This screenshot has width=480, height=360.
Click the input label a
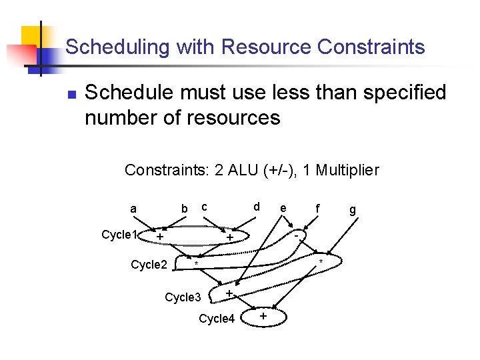tap(133, 209)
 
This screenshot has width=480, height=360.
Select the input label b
tap(185, 209)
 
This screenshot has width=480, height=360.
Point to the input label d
tap(256, 207)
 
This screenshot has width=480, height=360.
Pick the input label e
tap(283, 209)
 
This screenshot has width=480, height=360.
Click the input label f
tap(318, 209)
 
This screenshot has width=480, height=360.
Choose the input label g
tap(353, 211)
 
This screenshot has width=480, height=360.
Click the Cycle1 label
tap(119, 235)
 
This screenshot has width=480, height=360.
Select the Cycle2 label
tap(149, 265)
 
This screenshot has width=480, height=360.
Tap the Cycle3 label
tap(182, 297)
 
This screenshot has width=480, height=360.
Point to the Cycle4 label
tap(217, 319)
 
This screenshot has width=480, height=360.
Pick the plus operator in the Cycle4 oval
tap(263, 316)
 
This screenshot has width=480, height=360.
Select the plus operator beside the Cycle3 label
tap(229, 294)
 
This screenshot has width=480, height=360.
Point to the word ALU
tap(242, 170)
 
